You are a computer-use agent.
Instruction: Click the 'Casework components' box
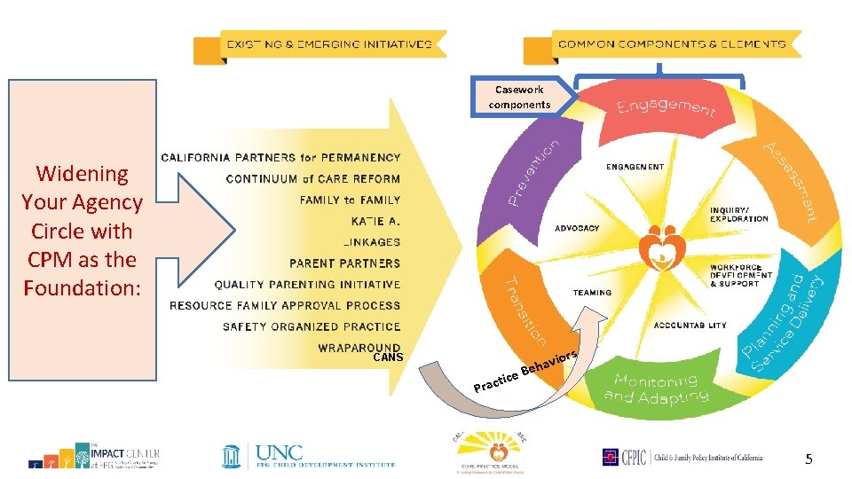click(x=519, y=97)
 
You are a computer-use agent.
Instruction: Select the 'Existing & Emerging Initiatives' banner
click(x=328, y=43)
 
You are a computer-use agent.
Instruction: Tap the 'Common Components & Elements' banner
click(x=672, y=43)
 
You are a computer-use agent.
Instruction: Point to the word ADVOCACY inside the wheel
click(x=577, y=228)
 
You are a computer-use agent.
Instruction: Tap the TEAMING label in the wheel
click(x=592, y=293)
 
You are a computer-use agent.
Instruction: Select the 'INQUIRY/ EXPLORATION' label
click(x=738, y=214)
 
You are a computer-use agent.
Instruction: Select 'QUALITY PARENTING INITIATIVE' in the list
click(x=307, y=285)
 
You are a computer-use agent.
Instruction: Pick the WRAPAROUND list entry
click(x=359, y=348)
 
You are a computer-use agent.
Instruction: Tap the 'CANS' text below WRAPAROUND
click(x=388, y=358)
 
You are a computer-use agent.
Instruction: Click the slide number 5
click(x=809, y=459)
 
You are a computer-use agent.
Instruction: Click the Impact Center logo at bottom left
click(x=92, y=454)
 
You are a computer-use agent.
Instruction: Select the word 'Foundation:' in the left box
click(x=83, y=288)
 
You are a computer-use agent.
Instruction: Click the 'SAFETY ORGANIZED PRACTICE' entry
click(x=311, y=326)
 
